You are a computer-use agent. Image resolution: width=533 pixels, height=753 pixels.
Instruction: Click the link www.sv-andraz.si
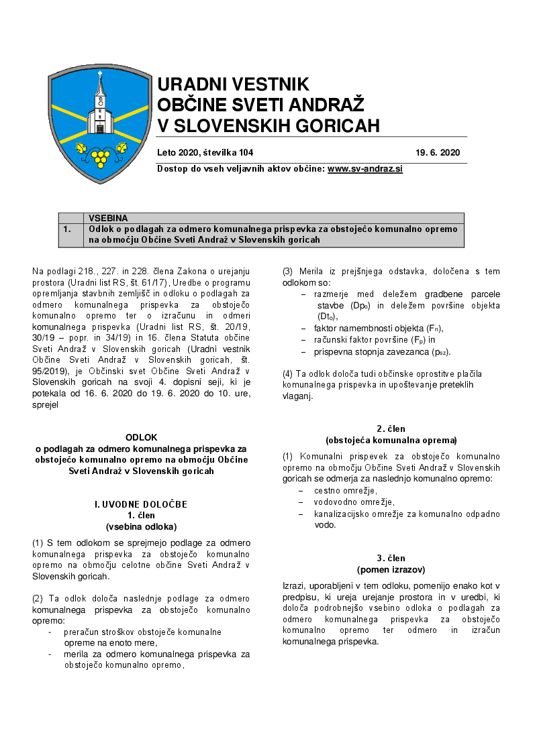365,169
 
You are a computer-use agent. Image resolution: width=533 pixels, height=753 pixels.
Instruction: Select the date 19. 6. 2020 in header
438,153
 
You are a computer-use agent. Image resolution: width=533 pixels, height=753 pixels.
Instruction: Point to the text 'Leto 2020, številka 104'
205,153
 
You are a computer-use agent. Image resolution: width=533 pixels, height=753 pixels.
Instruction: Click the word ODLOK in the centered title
141,437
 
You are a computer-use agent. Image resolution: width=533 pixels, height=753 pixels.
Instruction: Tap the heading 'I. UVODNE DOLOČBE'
141,504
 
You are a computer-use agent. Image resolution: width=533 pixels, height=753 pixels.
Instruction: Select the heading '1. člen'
141,515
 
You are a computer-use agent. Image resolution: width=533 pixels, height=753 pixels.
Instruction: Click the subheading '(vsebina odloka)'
141,526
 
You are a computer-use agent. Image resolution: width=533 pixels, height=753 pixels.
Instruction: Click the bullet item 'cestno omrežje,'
345,491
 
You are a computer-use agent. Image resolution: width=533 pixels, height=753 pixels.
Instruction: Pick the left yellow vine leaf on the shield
81,148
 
